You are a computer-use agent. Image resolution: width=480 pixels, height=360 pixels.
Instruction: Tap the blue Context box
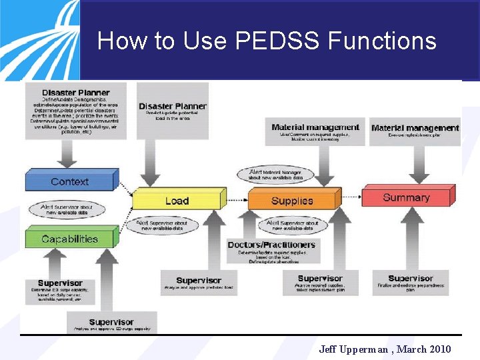(x=70, y=181)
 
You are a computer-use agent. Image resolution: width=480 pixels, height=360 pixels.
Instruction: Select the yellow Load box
(x=177, y=201)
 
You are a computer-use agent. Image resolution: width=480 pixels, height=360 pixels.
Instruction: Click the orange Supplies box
(x=292, y=201)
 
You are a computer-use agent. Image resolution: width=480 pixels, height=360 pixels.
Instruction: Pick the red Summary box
(x=406, y=197)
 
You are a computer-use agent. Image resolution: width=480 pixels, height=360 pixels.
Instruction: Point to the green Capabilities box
(x=69, y=239)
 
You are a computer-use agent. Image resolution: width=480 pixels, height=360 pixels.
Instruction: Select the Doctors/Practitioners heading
(x=271, y=245)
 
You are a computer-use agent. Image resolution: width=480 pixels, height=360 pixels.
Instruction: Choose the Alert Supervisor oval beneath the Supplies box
(x=293, y=225)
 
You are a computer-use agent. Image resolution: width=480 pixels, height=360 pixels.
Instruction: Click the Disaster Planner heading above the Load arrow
(x=173, y=106)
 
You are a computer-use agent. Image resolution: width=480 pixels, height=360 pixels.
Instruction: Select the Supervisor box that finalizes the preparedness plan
(x=411, y=283)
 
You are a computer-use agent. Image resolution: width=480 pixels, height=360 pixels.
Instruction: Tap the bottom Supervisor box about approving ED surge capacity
(x=111, y=323)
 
